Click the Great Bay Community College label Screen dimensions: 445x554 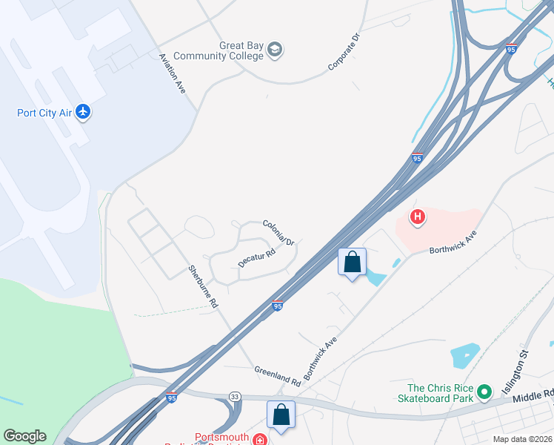pos(241,50)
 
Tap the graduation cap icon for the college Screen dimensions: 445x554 pos(276,50)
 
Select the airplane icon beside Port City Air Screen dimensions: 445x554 pos(82,113)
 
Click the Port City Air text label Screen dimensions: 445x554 pos(44,113)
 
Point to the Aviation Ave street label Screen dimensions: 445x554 pos(173,73)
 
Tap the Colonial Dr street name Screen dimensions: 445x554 pos(278,232)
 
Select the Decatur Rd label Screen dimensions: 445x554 pos(257,257)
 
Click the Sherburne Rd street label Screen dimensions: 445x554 pos(203,286)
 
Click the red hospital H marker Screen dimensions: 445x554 pos(418,217)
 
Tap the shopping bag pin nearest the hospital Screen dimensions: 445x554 pos(352,263)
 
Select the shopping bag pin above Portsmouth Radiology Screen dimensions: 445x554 pos(281,415)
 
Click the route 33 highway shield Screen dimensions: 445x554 pos(235,397)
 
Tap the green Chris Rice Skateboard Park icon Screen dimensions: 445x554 pos(484,391)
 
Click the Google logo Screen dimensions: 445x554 pos(24,436)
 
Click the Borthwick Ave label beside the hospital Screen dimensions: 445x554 pos(453,242)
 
